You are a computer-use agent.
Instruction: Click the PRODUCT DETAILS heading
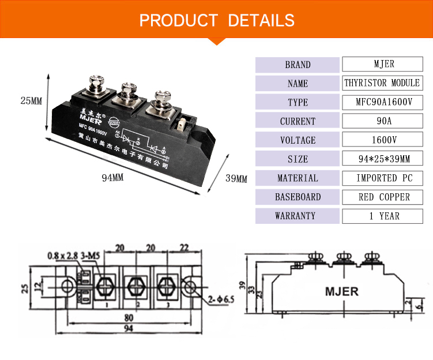[x=217, y=21]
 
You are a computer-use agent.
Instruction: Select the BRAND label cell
[x=298, y=65]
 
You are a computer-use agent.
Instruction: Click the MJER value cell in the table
[x=382, y=64]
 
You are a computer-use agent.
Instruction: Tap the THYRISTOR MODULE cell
[x=382, y=83]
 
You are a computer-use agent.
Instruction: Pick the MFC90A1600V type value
[x=382, y=102]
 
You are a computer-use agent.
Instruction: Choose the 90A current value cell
[x=382, y=121]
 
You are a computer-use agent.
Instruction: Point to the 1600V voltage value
[x=382, y=140]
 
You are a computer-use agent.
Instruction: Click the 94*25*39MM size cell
[x=382, y=159]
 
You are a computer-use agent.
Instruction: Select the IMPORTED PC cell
[x=382, y=178]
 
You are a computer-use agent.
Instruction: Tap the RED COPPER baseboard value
[x=382, y=197]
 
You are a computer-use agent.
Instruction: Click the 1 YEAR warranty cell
[x=382, y=216]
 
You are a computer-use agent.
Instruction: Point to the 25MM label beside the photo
[x=31, y=100]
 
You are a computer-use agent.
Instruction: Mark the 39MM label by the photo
[x=236, y=179]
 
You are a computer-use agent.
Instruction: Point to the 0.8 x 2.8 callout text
[x=62, y=254]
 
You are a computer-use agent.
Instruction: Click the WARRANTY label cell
[x=298, y=216]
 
